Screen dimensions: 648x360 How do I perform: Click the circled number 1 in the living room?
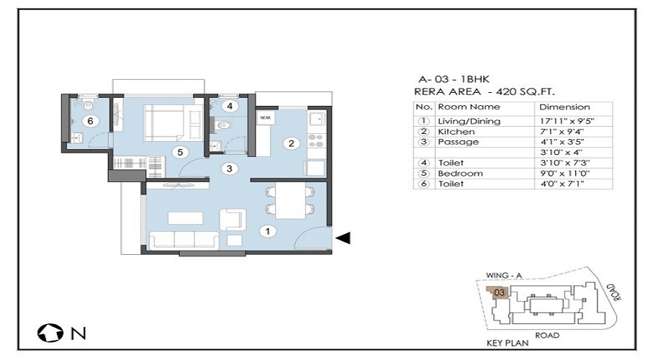point(268,231)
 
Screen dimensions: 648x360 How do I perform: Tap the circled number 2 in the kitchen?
point(292,143)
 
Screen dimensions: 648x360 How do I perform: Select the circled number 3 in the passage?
point(230,168)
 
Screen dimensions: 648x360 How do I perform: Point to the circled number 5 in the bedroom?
point(180,152)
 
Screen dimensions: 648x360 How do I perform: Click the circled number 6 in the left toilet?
point(90,121)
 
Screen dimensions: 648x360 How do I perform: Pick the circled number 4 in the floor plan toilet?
point(230,107)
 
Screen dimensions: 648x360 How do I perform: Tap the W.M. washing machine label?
point(265,118)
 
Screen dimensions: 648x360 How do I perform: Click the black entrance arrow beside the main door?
point(343,238)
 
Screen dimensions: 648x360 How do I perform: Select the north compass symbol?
point(50,333)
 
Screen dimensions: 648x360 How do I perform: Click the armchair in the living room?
point(233,220)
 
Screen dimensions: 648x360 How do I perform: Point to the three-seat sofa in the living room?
point(184,240)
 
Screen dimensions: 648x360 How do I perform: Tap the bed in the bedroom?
point(173,122)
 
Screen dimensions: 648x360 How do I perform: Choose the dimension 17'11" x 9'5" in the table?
point(569,122)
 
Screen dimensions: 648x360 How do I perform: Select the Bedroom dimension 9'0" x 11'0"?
point(565,174)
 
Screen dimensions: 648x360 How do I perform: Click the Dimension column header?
point(564,107)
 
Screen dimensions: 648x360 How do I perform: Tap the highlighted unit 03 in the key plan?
point(499,292)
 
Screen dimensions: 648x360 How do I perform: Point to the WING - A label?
point(504,275)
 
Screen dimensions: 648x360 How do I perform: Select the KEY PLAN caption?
point(508,343)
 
